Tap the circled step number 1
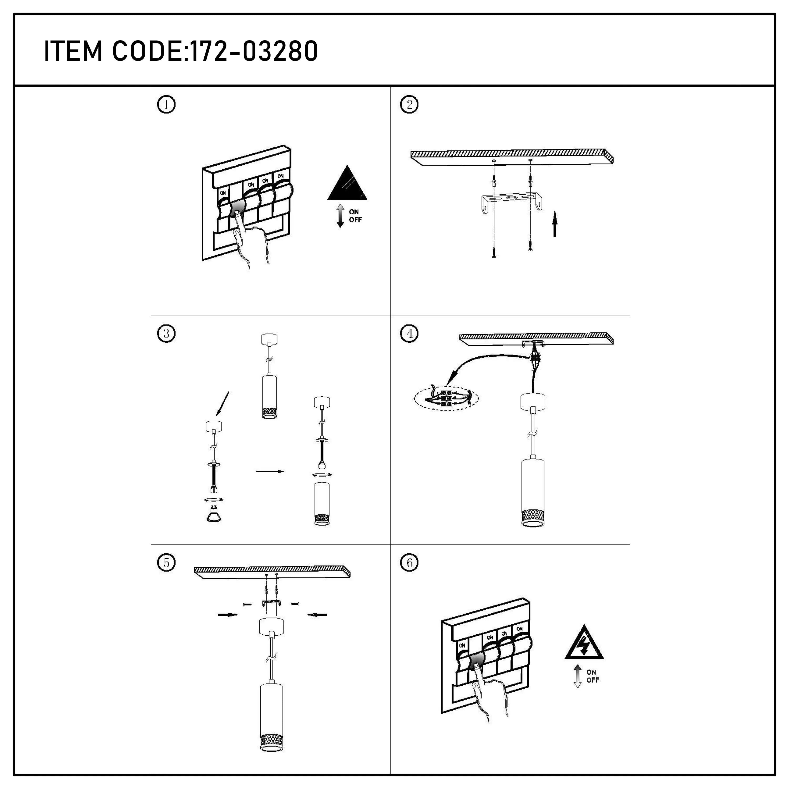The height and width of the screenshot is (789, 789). (x=166, y=105)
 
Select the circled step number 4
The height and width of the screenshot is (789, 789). (x=409, y=334)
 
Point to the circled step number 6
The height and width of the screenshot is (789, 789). (x=409, y=563)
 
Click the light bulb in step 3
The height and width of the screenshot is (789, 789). (x=214, y=515)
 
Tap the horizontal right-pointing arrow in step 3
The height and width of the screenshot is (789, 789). (x=270, y=472)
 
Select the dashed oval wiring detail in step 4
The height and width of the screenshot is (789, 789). (x=446, y=398)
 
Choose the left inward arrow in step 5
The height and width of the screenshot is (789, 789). (x=228, y=615)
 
